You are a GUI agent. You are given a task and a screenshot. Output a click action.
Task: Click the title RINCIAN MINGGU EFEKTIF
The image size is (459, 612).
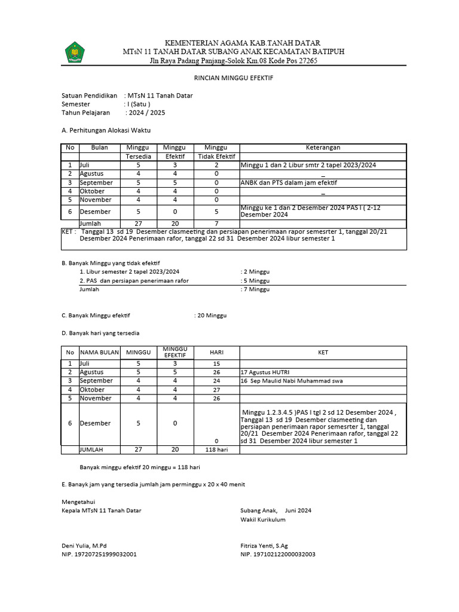point(229,78)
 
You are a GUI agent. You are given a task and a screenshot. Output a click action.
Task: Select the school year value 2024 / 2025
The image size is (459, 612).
point(146,112)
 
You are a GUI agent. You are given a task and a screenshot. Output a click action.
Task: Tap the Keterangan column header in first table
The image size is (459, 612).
point(323,148)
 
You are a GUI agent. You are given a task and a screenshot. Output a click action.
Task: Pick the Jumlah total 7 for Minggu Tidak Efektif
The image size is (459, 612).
point(216,223)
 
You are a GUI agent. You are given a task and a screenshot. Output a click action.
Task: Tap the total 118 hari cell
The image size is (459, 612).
point(216,449)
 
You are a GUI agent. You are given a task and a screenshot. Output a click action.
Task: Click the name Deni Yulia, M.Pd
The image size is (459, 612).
point(84,546)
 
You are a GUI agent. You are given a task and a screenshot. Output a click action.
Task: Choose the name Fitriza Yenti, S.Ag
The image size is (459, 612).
point(264,546)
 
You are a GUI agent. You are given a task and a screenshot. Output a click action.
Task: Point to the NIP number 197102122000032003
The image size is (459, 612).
point(278,554)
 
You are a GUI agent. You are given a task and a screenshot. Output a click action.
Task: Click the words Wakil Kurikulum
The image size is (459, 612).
point(263,519)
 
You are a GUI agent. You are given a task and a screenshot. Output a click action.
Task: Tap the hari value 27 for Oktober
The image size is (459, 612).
point(216,390)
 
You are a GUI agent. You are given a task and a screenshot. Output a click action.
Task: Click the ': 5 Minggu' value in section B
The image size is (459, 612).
point(255,280)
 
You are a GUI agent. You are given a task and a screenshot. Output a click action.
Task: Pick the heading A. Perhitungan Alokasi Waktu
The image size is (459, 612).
point(106,130)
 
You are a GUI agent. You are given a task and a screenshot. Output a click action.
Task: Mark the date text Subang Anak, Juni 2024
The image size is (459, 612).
point(276,510)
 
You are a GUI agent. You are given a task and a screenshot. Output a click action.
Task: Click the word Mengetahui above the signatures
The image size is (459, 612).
point(78,501)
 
